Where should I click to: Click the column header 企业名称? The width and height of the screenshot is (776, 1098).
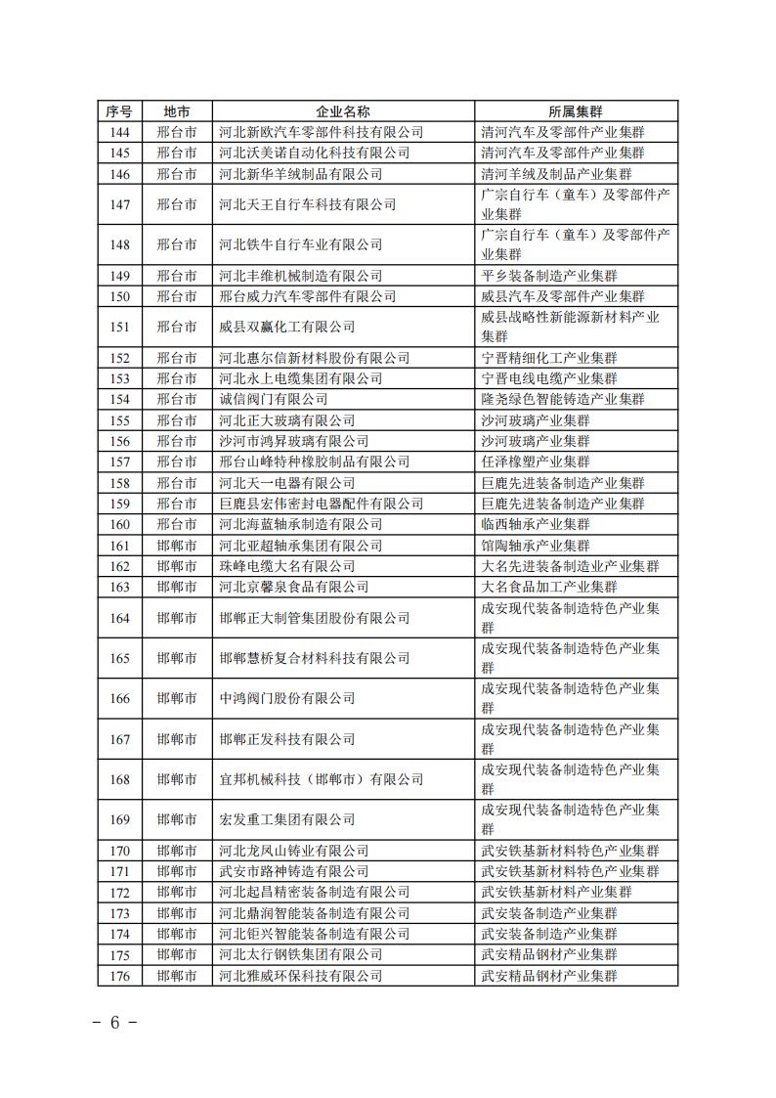(x=343, y=111)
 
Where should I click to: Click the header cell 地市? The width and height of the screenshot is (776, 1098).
(x=177, y=111)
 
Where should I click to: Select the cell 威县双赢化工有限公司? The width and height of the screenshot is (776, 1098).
(x=287, y=327)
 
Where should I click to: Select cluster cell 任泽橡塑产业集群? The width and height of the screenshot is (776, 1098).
(x=536, y=461)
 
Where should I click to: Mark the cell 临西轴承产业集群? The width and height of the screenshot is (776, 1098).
(x=536, y=524)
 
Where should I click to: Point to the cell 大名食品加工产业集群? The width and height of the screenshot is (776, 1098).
(x=549, y=587)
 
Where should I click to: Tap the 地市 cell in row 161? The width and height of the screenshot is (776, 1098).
(x=177, y=546)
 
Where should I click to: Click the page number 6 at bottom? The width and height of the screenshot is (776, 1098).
(x=113, y=1023)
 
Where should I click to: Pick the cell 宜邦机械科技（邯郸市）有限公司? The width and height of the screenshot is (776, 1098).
(x=322, y=779)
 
